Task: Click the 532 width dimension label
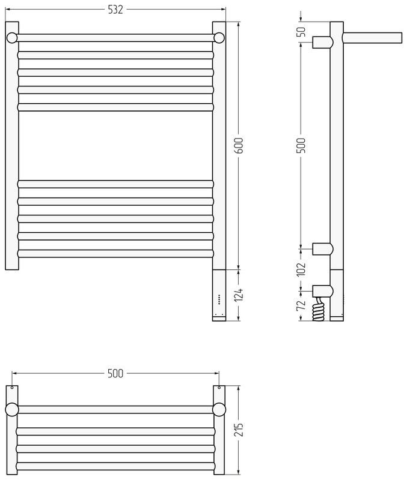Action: click(115, 10)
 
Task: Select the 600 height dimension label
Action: click(239, 146)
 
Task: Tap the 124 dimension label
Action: click(239, 295)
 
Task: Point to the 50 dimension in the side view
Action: click(302, 32)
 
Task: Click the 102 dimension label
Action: click(302, 269)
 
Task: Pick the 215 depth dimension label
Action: click(239, 429)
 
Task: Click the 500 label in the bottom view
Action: click(115, 373)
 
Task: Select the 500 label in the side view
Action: click(302, 146)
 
